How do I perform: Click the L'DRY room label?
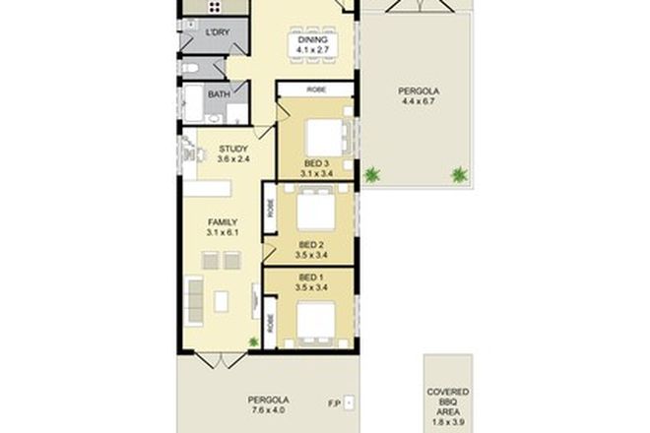coord(217,32)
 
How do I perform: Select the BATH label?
coord(219,95)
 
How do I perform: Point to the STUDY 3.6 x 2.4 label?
coord(233,154)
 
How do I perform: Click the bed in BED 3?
coord(319,136)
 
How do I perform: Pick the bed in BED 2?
coord(315,210)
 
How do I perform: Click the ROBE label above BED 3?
coord(316,89)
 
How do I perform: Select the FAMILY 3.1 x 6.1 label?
coord(219,227)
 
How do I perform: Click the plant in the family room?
coord(253,341)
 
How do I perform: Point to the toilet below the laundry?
coord(192,70)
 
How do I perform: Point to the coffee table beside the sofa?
coord(222,300)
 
